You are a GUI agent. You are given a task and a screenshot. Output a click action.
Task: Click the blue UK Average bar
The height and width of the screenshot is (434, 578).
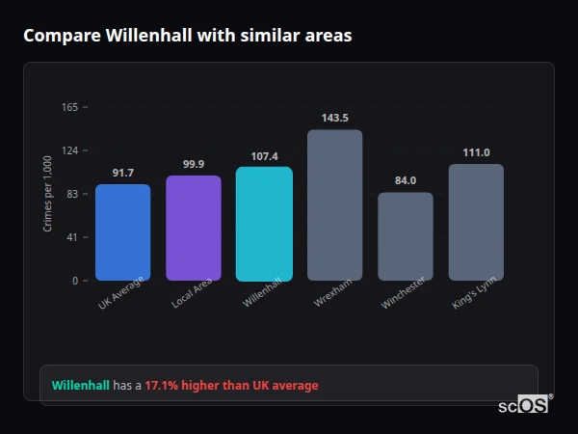tap(122, 232)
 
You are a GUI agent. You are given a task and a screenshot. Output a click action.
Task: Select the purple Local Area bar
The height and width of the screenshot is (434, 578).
tap(193, 228)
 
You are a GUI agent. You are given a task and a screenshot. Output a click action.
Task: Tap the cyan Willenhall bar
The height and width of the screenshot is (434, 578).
tap(264, 224)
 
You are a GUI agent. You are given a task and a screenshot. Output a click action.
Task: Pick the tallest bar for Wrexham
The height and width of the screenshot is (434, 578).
tap(334, 205)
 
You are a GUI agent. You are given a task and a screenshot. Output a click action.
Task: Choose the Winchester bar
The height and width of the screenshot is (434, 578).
tap(405, 236)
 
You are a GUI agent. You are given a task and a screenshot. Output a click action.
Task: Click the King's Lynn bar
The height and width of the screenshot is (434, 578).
tap(476, 222)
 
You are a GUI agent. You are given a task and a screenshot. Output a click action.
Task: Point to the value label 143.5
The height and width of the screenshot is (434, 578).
tap(334, 118)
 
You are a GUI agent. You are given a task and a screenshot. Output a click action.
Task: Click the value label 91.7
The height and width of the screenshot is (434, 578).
tap(122, 173)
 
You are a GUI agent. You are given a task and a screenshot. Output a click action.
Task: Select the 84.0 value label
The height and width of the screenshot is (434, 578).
tap(405, 180)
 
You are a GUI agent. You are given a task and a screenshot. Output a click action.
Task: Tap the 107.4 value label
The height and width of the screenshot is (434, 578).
tap(264, 155)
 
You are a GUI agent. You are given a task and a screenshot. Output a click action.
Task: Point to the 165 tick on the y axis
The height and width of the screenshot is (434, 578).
tap(69, 107)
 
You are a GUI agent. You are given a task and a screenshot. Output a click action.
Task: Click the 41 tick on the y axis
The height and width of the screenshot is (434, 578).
tap(72, 237)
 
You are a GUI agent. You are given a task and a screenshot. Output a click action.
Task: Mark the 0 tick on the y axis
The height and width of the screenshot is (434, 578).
tap(75, 281)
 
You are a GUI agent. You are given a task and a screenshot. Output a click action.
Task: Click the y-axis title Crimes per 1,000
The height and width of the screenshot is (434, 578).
tap(48, 194)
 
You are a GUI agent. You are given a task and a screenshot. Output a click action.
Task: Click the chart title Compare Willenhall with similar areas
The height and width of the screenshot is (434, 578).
tap(187, 36)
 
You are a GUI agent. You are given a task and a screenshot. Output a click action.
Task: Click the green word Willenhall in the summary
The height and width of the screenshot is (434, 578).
tap(81, 386)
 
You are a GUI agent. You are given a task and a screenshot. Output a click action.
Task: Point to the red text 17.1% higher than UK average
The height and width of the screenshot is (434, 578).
tap(231, 386)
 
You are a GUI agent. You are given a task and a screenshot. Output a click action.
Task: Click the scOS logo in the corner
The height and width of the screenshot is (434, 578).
tap(524, 405)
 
